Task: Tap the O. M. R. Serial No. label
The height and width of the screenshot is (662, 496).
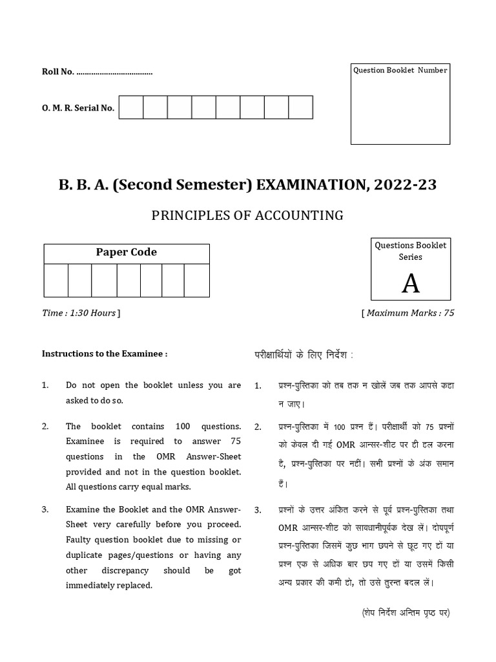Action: click(78, 108)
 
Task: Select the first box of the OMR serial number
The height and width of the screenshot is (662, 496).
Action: click(131, 107)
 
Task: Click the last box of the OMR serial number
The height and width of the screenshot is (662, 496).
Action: click(300, 107)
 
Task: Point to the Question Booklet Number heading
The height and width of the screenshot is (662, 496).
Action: click(399, 70)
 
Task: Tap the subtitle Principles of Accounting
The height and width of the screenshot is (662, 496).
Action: click(247, 215)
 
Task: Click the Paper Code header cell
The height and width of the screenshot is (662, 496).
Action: click(127, 253)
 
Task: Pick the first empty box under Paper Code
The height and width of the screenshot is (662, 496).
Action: click(56, 280)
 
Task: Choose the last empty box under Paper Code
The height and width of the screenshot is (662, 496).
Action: click(197, 280)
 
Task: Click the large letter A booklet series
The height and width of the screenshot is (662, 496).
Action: click(410, 283)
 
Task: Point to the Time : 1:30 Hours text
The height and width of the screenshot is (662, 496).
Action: click(79, 314)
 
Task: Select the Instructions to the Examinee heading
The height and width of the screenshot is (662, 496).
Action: click(105, 354)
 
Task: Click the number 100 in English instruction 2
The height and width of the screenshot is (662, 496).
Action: click(194, 427)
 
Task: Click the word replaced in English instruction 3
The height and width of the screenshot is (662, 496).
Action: click(131, 585)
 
